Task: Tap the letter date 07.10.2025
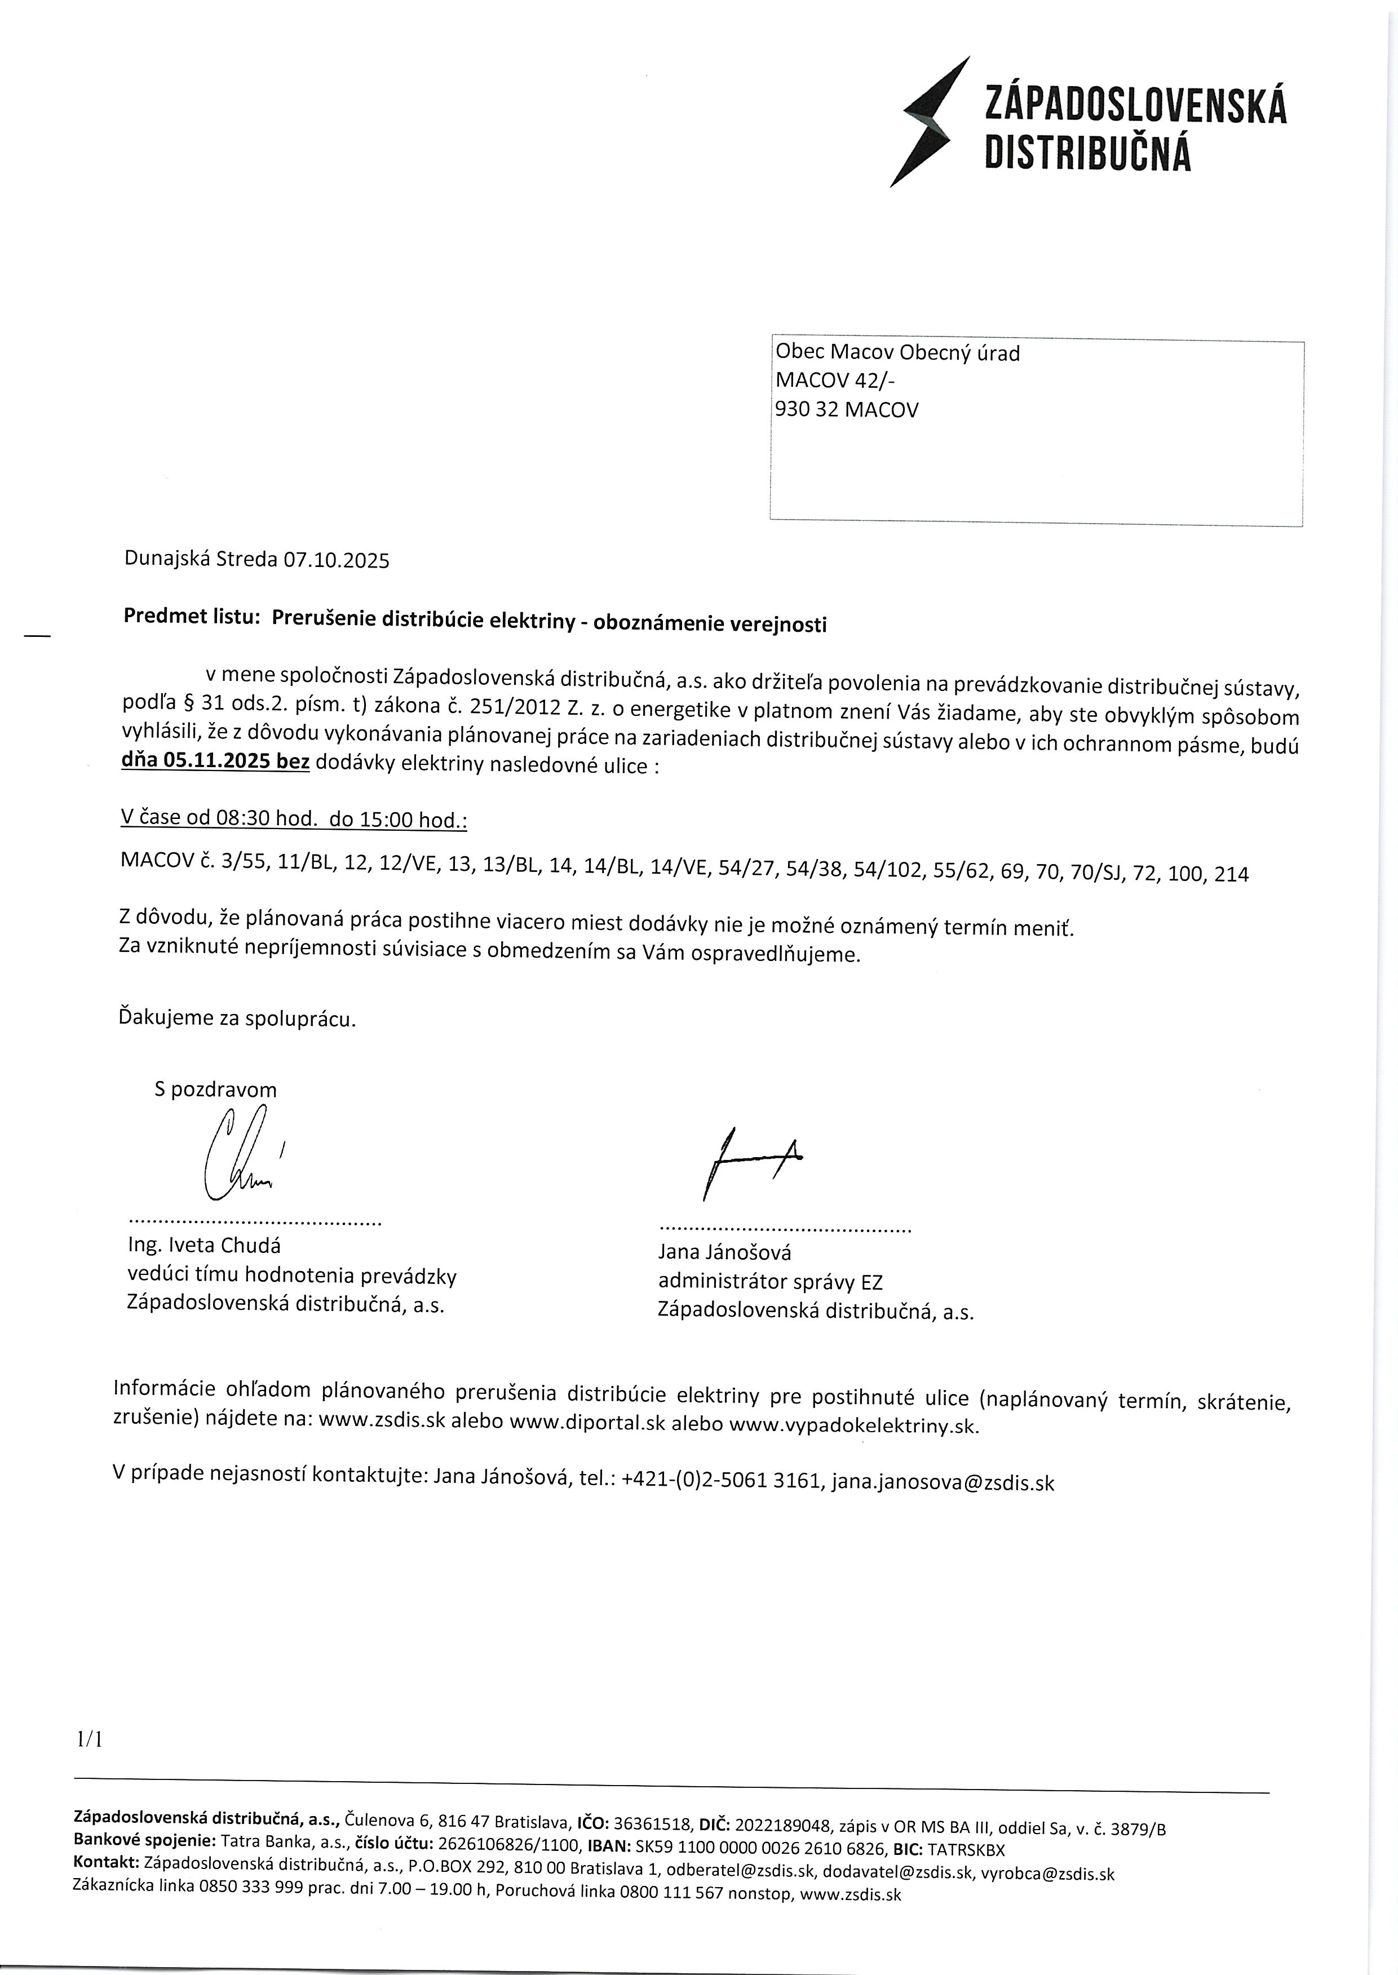[x=337, y=561]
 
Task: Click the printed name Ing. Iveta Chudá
[x=204, y=1245]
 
